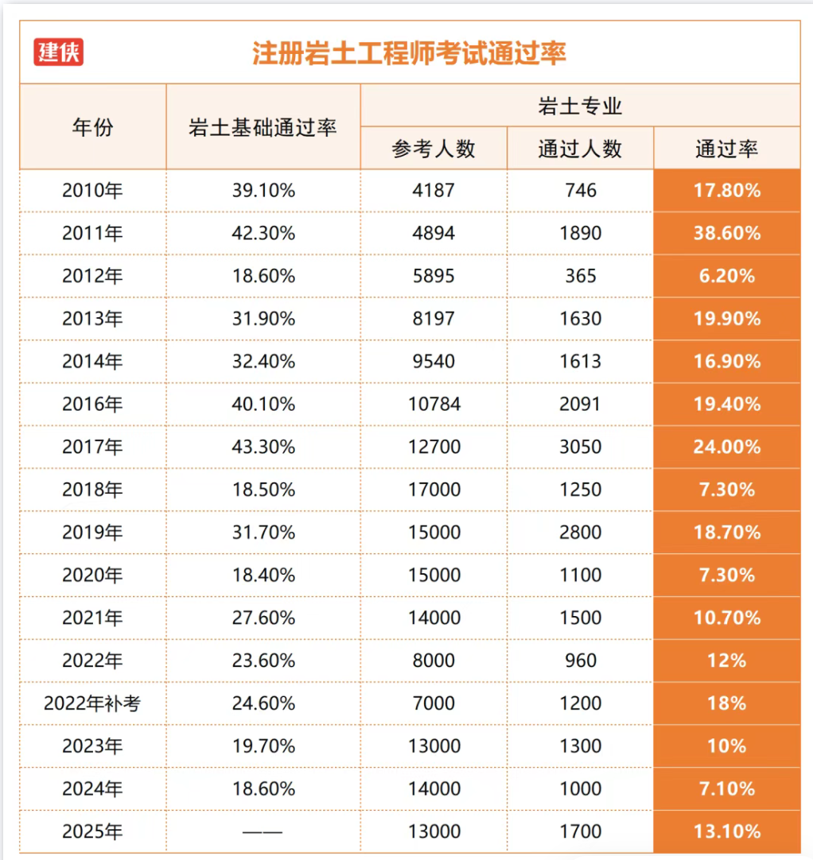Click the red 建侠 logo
(x=58, y=52)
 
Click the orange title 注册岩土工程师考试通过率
(x=409, y=53)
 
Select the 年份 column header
(x=93, y=127)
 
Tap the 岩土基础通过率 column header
(x=263, y=127)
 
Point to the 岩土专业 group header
(x=580, y=106)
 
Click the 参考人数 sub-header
(x=434, y=149)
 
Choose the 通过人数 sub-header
(x=580, y=149)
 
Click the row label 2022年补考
(x=92, y=703)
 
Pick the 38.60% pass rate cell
(x=727, y=233)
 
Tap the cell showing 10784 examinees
(x=434, y=405)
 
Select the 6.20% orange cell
(x=727, y=276)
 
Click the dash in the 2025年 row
(x=263, y=832)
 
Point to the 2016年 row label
(x=92, y=405)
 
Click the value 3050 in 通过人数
(x=580, y=447)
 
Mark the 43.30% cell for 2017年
(x=263, y=447)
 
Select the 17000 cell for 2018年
(x=434, y=490)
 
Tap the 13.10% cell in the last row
(x=727, y=831)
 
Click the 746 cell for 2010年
(x=581, y=190)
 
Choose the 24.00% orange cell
(x=727, y=447)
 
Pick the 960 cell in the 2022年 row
(x=581, y=660)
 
